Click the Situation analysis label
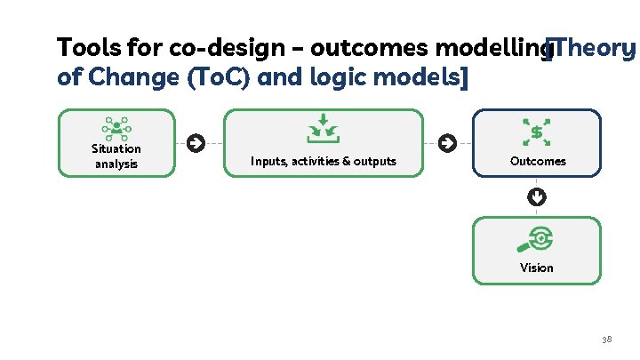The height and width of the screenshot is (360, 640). (x=116, y=156)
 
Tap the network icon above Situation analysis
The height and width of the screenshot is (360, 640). (x=116, y=129)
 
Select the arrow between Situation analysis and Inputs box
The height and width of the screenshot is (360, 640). (x=196, y=142)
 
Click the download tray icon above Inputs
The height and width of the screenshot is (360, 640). (x=323, y=129)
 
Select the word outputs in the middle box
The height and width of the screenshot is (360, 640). (x=372, y=161)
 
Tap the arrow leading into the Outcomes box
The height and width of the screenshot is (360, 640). (x=447, y=142)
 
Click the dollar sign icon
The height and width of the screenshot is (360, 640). (x=537, y=132)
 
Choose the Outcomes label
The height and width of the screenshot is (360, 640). (x=537, y=161)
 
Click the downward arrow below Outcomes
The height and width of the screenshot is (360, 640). (x=537, y=196)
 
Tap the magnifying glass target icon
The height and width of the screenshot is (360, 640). (x=537, y=238)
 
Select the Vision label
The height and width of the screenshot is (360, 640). (x=537, y=268)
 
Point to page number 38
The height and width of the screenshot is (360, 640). (x=607, y=340)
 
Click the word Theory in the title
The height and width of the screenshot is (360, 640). (x=594, y=46)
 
